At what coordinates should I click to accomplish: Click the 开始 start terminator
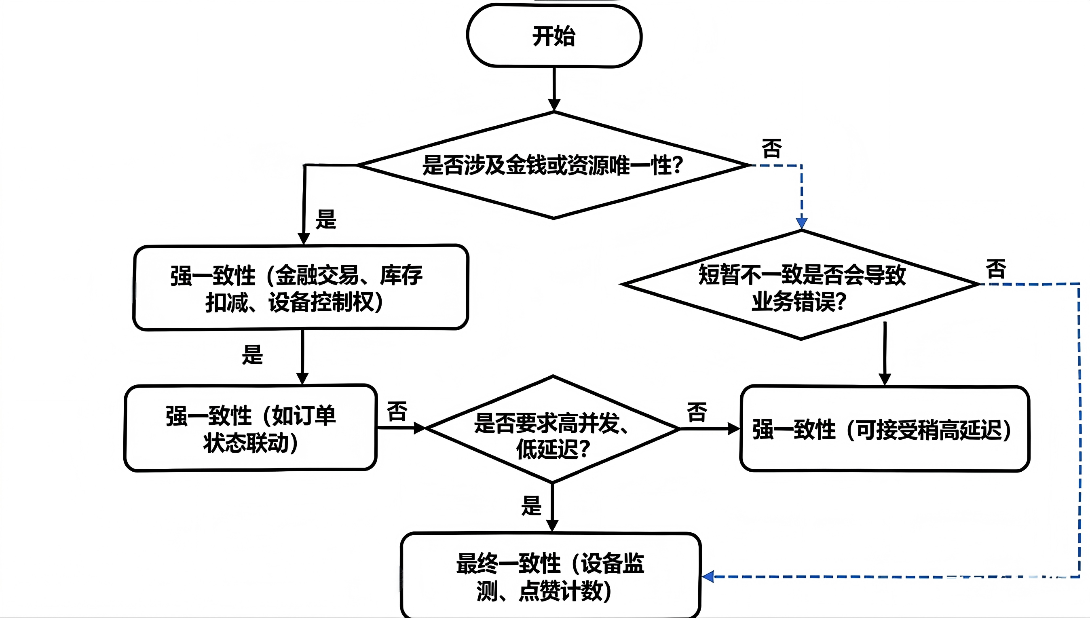[x=554, y=36]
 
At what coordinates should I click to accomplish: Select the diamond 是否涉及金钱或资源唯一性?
[x=554, y=165]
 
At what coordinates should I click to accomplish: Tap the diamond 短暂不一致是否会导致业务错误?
[x=801, y=285]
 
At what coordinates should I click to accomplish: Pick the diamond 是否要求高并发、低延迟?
[x=553, y=429]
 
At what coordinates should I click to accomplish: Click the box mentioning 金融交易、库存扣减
[x=300, y=287]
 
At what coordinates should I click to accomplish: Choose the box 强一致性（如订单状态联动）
[x=250, y=428]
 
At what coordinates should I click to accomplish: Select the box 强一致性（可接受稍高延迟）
[x=885, y=429]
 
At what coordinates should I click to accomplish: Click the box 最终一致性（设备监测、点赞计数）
[x=551, y=575]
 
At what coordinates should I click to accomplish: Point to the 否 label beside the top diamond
[x=772, y=149]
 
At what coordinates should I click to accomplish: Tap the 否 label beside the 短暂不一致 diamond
[x=996, y=269]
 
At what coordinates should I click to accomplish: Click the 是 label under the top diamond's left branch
[x=325, y=219]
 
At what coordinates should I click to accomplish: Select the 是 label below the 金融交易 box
[x=252, y=354]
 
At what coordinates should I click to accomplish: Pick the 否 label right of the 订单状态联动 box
[x=397, y=411]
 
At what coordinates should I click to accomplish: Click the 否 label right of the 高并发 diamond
[x=697, y=413]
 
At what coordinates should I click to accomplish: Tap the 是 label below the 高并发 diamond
[x=531, y=506]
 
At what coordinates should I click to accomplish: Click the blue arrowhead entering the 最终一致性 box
[x=708, y=576]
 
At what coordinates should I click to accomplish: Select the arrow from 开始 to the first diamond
[x=554, y=89]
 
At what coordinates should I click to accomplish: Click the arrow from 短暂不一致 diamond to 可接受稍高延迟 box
[x=885, y=354]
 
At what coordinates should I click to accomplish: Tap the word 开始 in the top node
[x=554, y=36]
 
